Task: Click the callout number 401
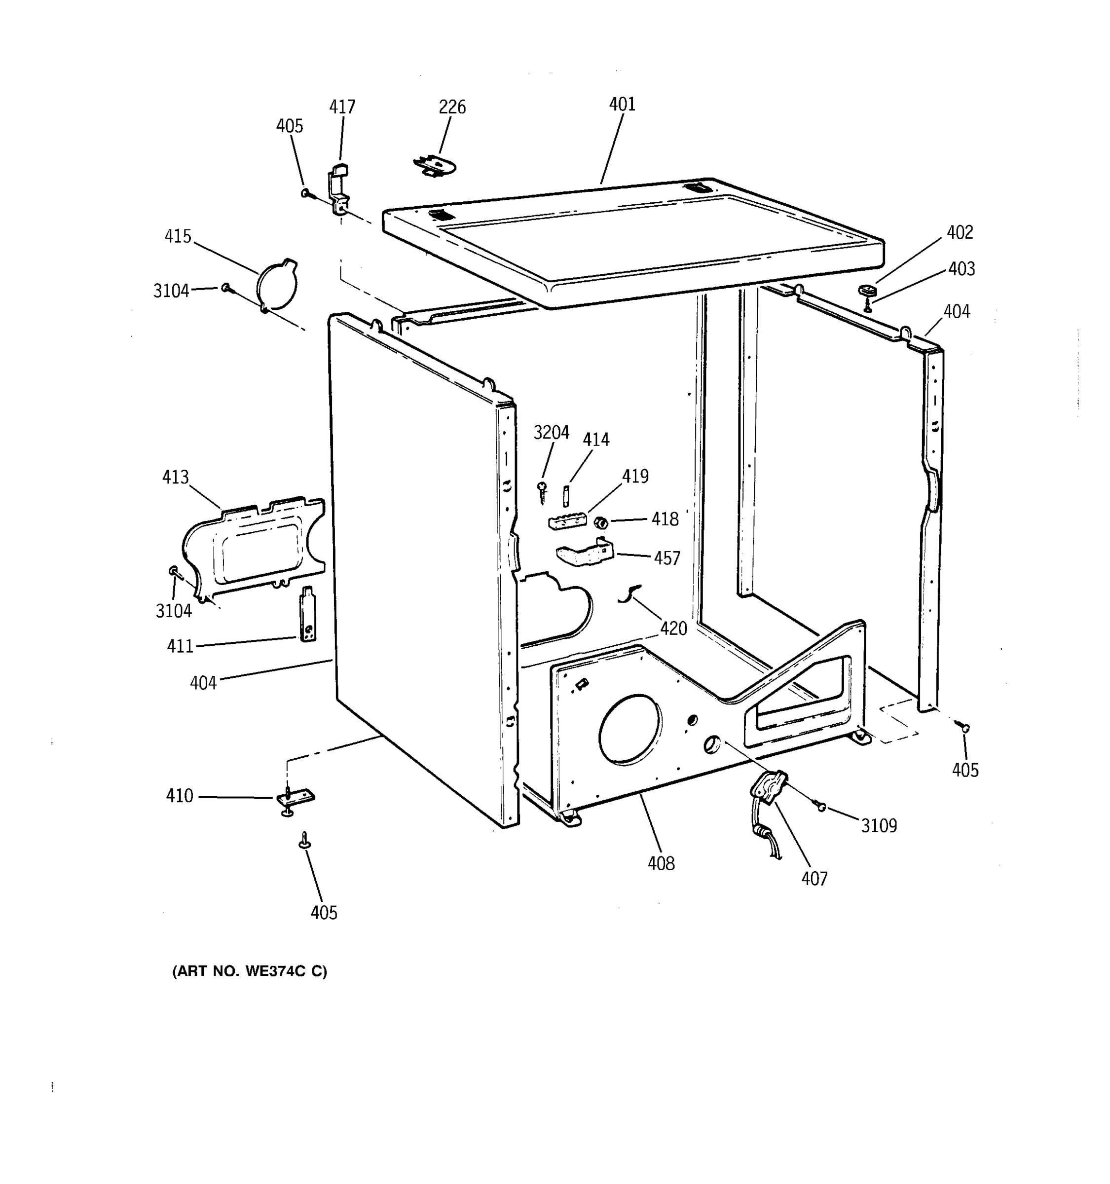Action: (622, 104)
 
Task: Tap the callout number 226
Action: (452, 107)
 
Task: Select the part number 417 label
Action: (342, 107)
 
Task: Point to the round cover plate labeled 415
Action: (277, 285)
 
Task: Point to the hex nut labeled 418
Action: (601, 522)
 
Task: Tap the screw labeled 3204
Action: (542, 491)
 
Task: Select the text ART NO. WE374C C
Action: (250, 971)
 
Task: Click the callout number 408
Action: (661, 863)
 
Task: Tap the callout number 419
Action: (635, 476)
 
